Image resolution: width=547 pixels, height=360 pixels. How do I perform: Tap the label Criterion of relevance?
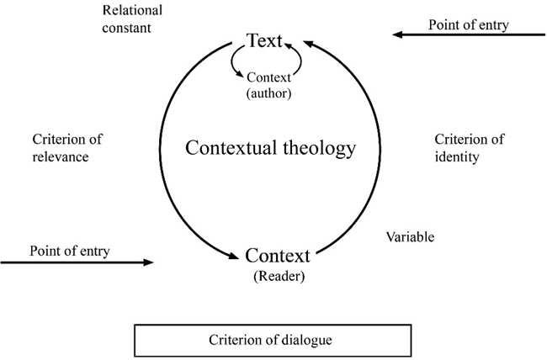pos(72,148)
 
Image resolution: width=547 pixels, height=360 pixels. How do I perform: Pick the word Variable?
pos(410,237)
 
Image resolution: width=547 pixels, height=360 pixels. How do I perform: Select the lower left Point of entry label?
pos(70,251)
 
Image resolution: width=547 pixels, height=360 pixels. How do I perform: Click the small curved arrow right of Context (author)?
pos(300,61)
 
